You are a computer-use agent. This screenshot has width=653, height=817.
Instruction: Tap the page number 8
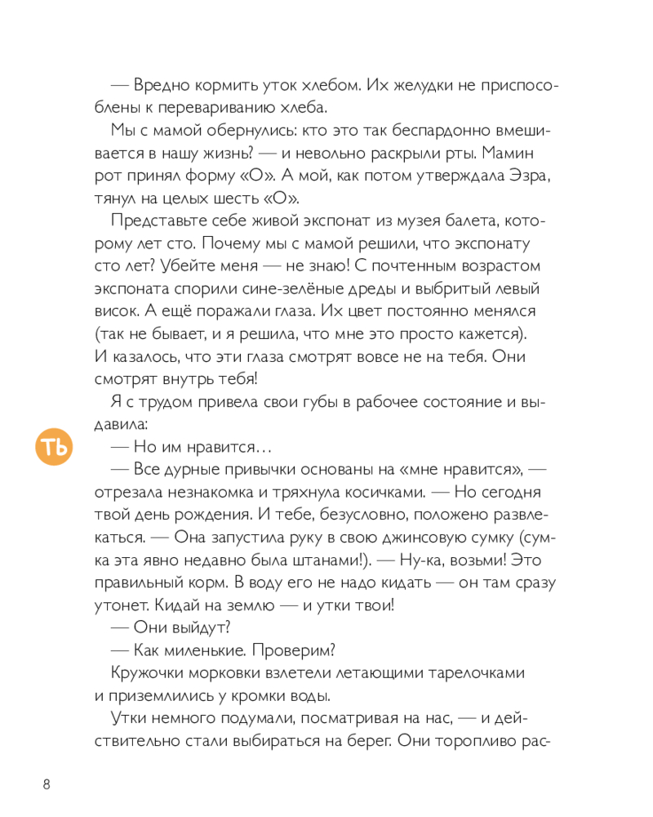(47, 785)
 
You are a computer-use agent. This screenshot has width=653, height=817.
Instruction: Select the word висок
(118, 311)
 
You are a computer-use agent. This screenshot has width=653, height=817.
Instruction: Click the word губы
(286, 402)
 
